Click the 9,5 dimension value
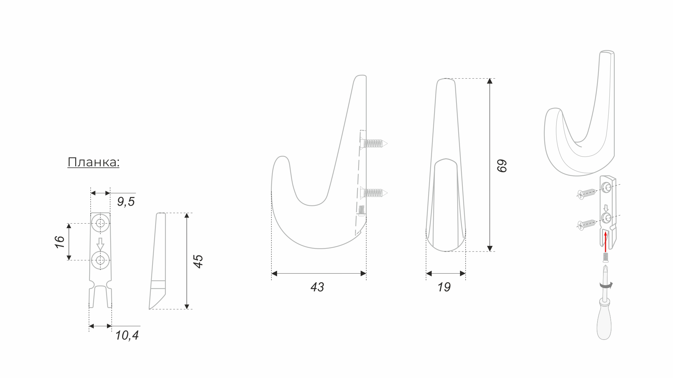(126, 202)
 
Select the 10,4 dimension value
(127, 335)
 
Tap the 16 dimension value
(59, 242)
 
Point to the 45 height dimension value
(198, 261)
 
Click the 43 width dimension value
(317, 287)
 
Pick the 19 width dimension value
(444, 287)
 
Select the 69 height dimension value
(502, 166)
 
